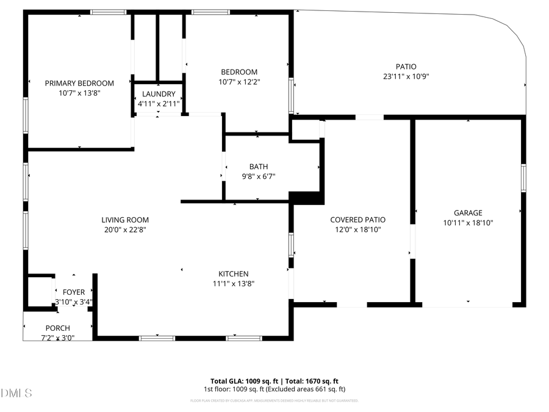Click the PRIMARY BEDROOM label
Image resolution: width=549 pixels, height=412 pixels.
point(79,84)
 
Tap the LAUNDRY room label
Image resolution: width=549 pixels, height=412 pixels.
point(159,94)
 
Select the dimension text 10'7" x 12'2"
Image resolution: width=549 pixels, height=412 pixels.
point(239,82)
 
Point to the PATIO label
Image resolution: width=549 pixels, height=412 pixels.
point(406,67)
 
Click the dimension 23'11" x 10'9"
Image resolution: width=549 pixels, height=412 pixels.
point(406,77)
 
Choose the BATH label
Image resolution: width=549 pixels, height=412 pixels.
point(258,167)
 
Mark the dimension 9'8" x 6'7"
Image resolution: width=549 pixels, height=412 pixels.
point(258,177)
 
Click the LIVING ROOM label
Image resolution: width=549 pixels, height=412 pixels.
point(125,220)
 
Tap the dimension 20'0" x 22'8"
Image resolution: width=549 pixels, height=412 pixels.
point(125,230)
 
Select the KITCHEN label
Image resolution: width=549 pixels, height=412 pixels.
point(234,273)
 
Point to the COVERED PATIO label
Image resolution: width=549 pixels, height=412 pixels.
point(357,220)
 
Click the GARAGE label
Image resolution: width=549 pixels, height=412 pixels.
point(468,213)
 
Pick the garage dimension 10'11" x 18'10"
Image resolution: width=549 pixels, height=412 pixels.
point(468,223)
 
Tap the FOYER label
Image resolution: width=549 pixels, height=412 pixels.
point(74,292)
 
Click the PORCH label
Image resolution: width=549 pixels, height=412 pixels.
point(57,328)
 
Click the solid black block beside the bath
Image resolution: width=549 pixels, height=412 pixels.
point(307,198)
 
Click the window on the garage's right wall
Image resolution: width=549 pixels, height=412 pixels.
point(523,178)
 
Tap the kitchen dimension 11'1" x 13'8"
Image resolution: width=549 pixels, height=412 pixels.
point(234,284)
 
